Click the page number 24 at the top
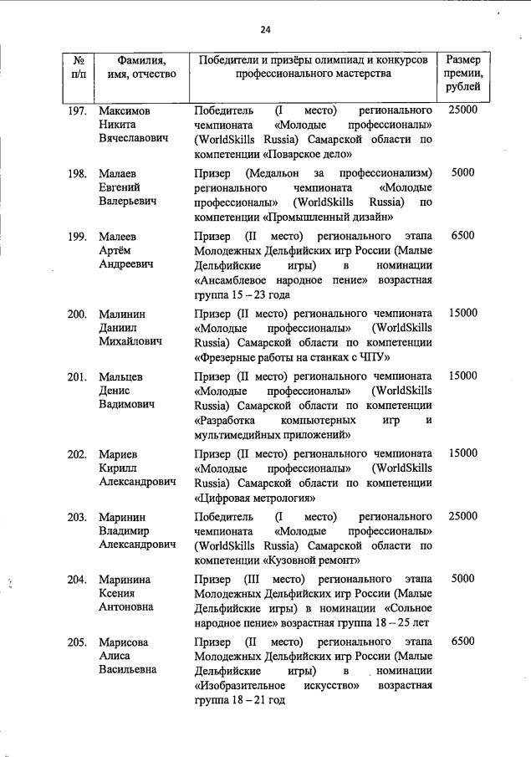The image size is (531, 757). [265, 29]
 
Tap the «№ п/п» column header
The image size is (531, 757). [77, 67]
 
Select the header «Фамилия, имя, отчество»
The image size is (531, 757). [141, 67]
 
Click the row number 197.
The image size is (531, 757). [77, 110]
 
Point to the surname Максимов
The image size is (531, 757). [125, 110]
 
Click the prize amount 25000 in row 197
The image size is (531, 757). [462, 110]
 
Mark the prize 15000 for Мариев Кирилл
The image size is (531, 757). [462, 453]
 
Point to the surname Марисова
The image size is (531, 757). [125, 642]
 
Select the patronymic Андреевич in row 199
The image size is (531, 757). [126, 264]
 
